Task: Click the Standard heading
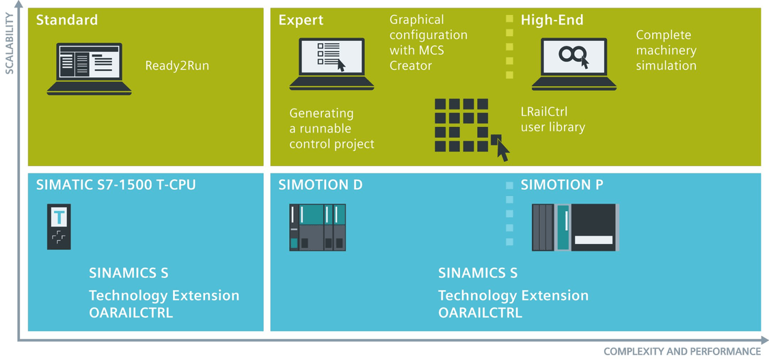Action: click(x=67, y=20)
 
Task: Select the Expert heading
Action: click(x=301, y=20)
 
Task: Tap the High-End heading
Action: click(x=552, y=20)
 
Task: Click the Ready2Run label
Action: click(x=177, y=66)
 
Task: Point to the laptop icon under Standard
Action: click(x=90, y=68)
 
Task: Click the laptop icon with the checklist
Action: click(x=332, y=64)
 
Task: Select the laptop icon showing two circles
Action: click(x=574, y=64)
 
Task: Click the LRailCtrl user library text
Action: click(x=553, y=120)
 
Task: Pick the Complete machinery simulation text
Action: click(x=666, y=50)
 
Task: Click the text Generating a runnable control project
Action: click(x=332, y=128)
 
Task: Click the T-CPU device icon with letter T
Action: click(x=59, y=227)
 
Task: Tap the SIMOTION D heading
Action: click(x=321, y=185)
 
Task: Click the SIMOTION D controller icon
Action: click(x=317, y=227)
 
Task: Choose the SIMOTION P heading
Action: click(x=562, y=185)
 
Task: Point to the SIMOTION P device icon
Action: click(x=576, y=227)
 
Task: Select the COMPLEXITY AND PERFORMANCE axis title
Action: click(x=682, y=352)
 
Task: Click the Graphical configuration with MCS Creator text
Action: click(x=428, y=42)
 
